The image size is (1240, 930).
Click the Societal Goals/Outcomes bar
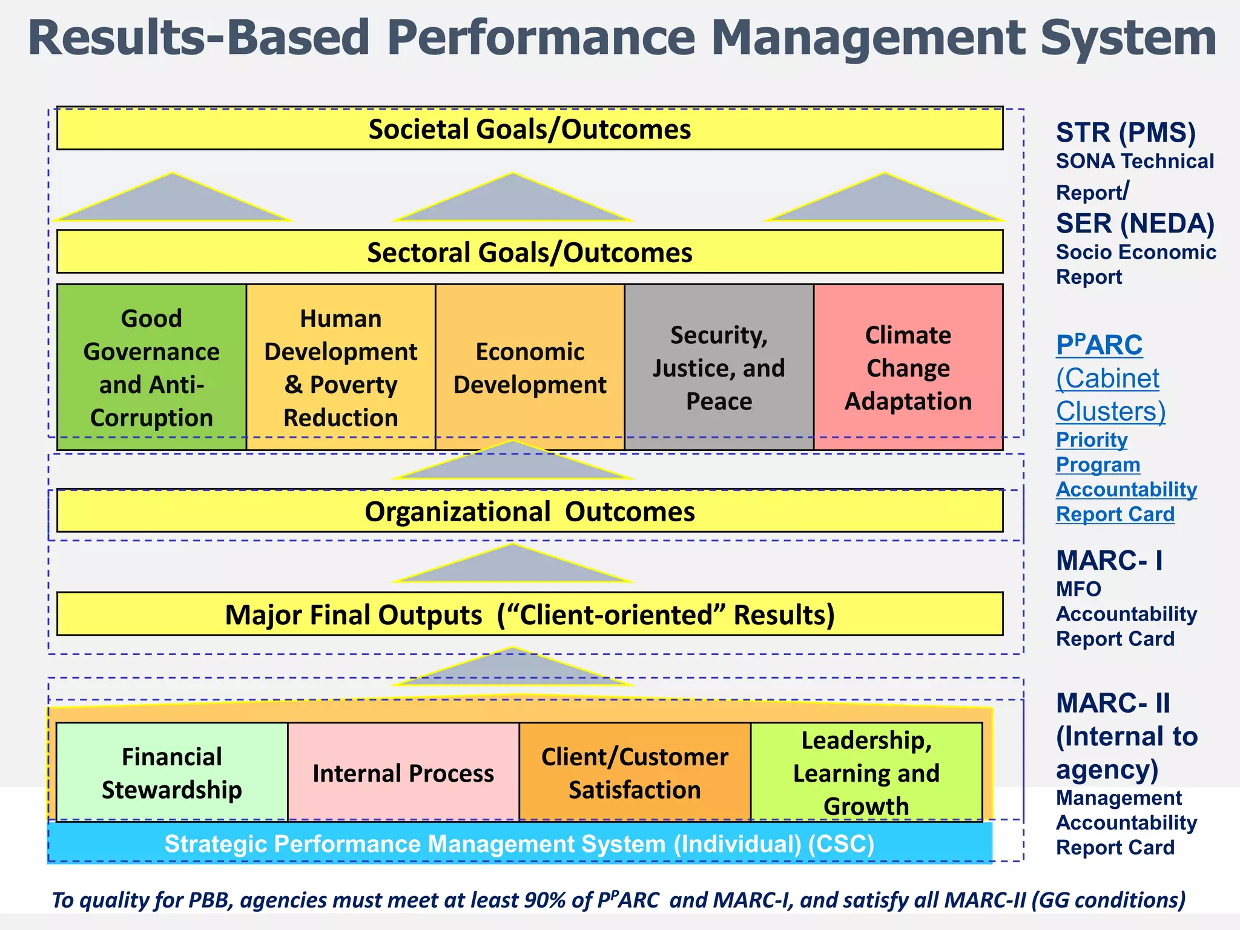tap(530, 129)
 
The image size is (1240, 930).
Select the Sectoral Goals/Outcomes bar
tap(530, 252)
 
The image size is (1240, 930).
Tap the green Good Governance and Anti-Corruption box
tap(151, 368)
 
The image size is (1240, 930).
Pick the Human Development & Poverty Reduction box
tap(341, 368)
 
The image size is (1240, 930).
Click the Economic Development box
tap(530, 368)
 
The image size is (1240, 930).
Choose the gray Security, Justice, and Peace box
tap(719, 368)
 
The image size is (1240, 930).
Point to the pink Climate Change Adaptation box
tap(908, 368)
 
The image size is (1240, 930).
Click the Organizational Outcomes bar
tap(530, 512)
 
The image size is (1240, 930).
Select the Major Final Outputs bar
tap(530, 615)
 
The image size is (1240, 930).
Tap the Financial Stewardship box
tap(172, 773)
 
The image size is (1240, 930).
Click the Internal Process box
tap(403, 773)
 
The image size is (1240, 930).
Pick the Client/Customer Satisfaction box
tap(635, 773)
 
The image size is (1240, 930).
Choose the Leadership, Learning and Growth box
tap(866, 773)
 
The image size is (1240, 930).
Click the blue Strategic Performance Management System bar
tap(519, 843)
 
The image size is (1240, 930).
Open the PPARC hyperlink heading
tap(1099, 345)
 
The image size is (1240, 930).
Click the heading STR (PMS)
tap(1126, 133)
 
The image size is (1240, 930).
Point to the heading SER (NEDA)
tap(1135, 223)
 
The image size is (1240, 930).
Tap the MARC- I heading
tap(1109, 560)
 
